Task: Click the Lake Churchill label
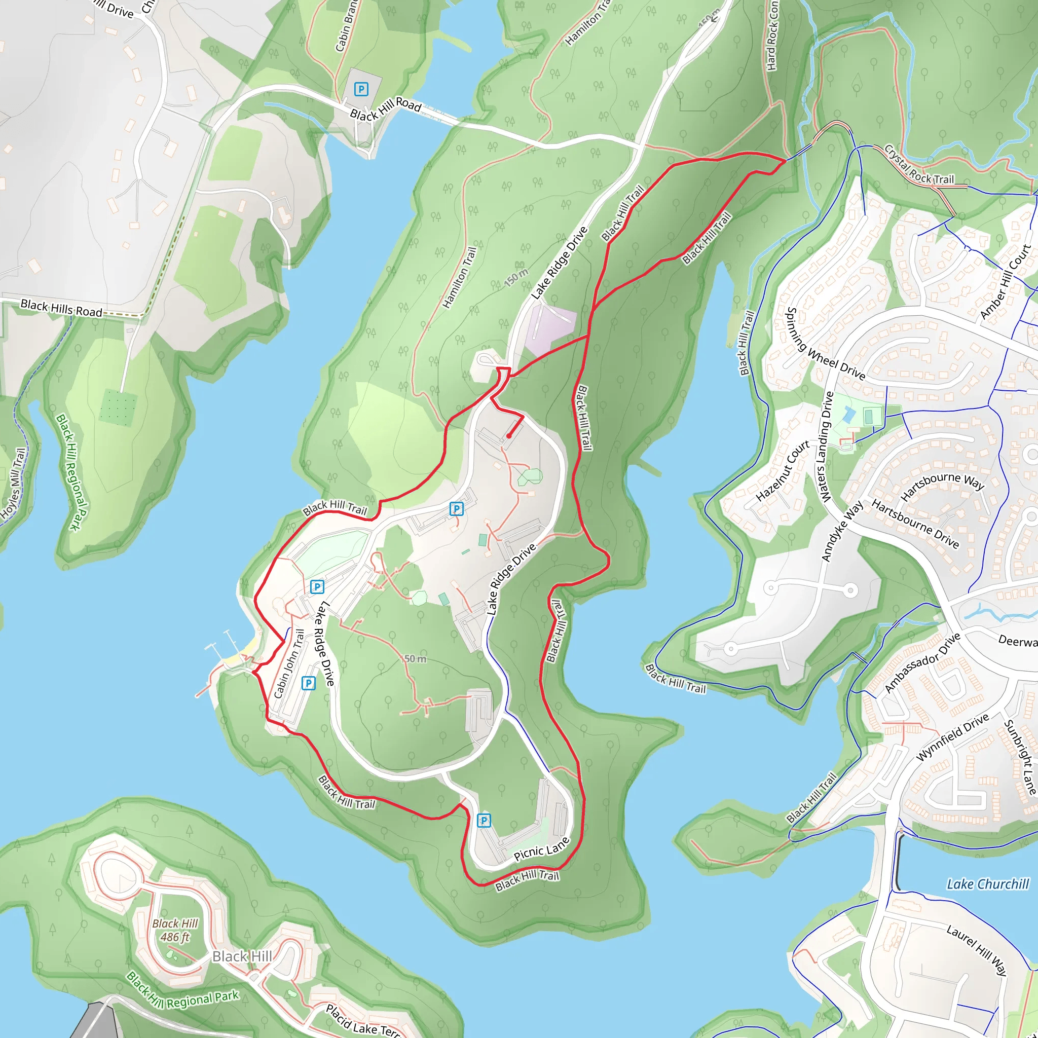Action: (987, 884)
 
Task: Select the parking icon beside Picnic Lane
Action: (484, 821)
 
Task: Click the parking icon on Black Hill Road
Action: (361, 89)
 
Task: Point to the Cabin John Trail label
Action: (289, 663)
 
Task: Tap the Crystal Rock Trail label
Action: (919, 165)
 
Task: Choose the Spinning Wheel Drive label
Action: (825, 344)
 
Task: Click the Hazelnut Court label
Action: (782, 471)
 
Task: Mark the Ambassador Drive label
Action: (922, 663)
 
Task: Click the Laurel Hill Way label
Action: (976, 950)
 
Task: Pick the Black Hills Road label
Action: (61, 308)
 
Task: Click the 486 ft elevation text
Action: (175, 938)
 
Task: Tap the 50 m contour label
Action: (415, 659)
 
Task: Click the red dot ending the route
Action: (508, 436)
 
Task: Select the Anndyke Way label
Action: (842, 531)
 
